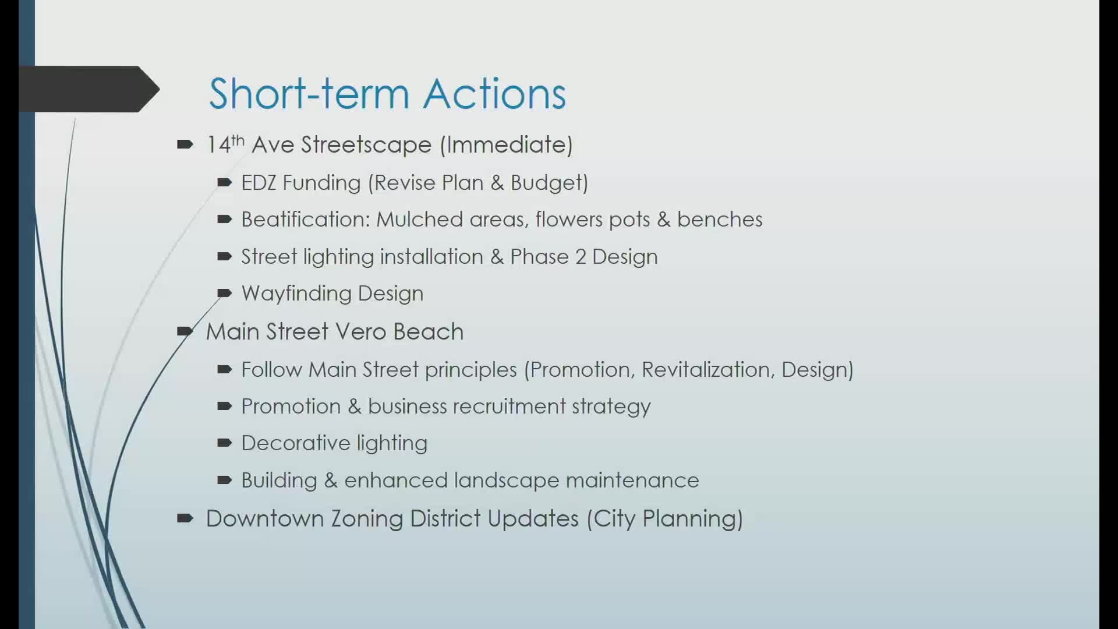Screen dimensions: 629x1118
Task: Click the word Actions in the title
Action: pos(494,94)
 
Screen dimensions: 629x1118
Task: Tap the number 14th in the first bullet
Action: pos(225,144)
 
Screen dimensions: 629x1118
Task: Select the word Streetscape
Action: pos(366,144)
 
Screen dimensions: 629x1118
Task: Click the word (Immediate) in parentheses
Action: pos(506,144)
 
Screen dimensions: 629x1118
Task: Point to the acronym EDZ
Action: pos(258,183)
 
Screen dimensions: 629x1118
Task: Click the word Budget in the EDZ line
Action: pos(549,183)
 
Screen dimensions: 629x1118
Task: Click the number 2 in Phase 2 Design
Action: pos(581,257)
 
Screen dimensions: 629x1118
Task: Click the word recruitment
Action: pos(509,407)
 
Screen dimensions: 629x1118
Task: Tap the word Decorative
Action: pos(295,443)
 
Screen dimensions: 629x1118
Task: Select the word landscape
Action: pos(506,480)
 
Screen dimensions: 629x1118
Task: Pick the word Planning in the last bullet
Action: pos(692,518)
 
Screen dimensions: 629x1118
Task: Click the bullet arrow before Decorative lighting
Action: pos(224,443)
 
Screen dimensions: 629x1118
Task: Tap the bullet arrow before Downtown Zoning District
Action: pos(185,518)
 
